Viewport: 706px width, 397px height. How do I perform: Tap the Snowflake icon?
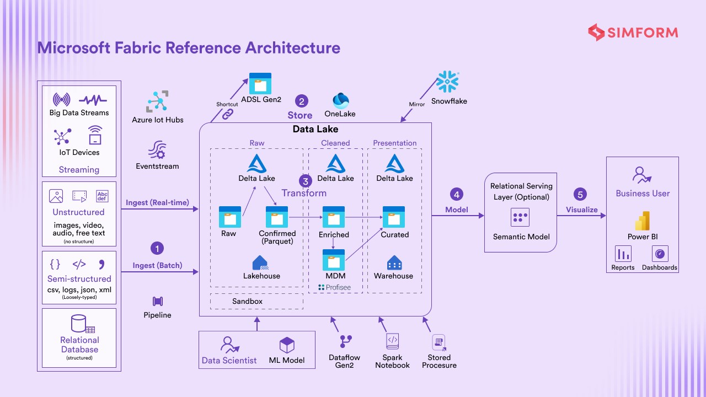[x=448, y=82]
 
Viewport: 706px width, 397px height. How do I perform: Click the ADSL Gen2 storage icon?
[x=260, y=83]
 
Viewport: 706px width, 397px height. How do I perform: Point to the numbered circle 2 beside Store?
[x=301, y=101]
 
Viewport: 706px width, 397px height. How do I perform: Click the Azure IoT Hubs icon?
[x=157, y=102]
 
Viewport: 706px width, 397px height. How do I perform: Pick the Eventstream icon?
[x=157, y=150]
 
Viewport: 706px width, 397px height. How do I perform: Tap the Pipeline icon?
[x=158, y=302]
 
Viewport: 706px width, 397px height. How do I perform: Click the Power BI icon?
[x=642, y=221]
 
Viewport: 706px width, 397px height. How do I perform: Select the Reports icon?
[x=623, y=254]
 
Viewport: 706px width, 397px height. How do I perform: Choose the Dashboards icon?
[x=660, y=254]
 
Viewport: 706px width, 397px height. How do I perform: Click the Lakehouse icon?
[x=260, y=262]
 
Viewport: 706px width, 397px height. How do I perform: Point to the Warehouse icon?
[x=394, y=262]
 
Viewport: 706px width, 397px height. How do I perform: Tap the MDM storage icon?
[x=334, y=260]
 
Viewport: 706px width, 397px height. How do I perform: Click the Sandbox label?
[x=247, y=302]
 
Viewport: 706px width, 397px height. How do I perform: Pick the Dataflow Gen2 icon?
[x=346, y=342]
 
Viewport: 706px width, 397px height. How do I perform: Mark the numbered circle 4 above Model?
[x=456, y=194]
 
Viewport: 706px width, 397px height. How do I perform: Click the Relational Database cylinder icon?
[x=79, y=324]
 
